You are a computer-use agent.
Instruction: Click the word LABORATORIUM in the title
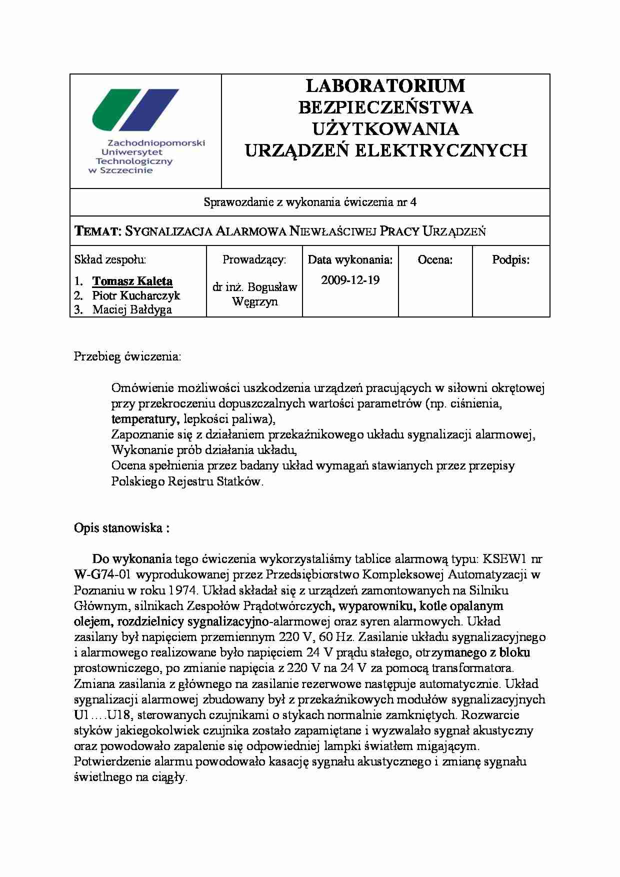tap(385, 86)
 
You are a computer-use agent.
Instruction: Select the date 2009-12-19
tap(350, 280)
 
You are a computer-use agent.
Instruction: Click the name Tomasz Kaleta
tap(132, 281)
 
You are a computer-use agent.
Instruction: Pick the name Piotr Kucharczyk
tap(136, 295)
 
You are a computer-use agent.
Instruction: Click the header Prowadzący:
tap(254, 259)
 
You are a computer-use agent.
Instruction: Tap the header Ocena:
tap(435, 259)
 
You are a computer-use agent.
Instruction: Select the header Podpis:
tap(510, 259)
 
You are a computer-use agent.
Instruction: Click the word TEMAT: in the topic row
tap(98, 231)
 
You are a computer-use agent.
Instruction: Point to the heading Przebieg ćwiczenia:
tap(128, 356)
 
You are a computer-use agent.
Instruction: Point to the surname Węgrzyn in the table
tap(254, 302)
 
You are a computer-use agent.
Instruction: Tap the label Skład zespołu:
tap(110, 259)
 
